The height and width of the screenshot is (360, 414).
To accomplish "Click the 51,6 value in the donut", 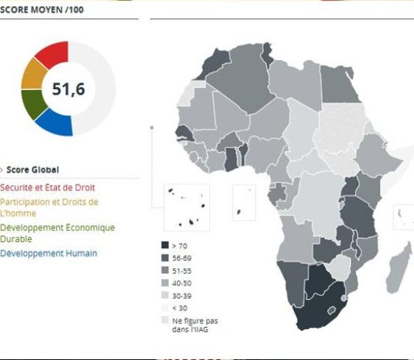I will click(67, 88).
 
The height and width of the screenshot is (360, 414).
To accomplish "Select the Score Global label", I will click(32, 169).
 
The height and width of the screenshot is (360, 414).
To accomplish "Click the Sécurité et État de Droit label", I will click(47, 187).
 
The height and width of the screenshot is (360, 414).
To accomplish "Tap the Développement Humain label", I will click(49, 253).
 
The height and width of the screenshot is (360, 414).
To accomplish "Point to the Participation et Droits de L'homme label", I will click(49, 206).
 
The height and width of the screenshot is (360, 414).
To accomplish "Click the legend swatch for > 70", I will click(165, 245).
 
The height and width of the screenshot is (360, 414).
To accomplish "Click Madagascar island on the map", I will click(400, 262).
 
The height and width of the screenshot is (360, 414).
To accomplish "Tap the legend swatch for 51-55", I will click(165, 270).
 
